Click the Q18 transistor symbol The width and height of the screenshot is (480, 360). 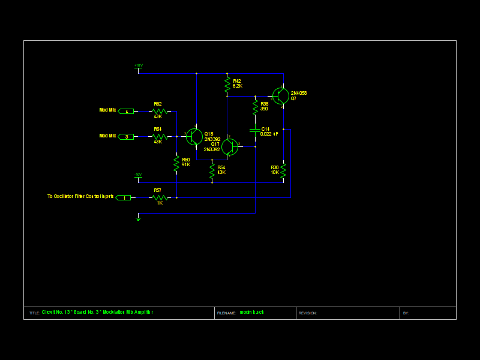[194, 137]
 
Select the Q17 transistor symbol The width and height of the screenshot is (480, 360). [229, 146]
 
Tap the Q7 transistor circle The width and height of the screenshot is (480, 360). [280, 96]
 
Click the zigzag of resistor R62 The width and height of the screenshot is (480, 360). [160, 111]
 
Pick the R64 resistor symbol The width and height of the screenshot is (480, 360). [160, 137]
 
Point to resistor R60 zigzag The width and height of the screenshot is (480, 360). [176, 163]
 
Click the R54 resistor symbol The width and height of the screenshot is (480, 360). [212, 170]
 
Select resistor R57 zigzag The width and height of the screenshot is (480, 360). [159, 197]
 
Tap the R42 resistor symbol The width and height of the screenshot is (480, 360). [227, 85]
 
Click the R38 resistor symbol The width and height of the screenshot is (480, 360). [255, 107]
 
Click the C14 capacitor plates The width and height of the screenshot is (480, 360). [255, 130]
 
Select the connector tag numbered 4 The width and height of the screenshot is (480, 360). [126, 111]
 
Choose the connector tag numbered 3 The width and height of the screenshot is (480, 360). [126, 137]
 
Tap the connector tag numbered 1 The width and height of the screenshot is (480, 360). [124, 197]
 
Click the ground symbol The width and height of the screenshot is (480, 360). [138, 218]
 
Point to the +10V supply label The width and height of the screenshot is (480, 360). [139, 65]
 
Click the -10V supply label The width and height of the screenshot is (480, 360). [138, 175]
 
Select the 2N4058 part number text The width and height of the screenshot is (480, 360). [299, 93]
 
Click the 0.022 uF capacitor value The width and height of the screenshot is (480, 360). [269, 134]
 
